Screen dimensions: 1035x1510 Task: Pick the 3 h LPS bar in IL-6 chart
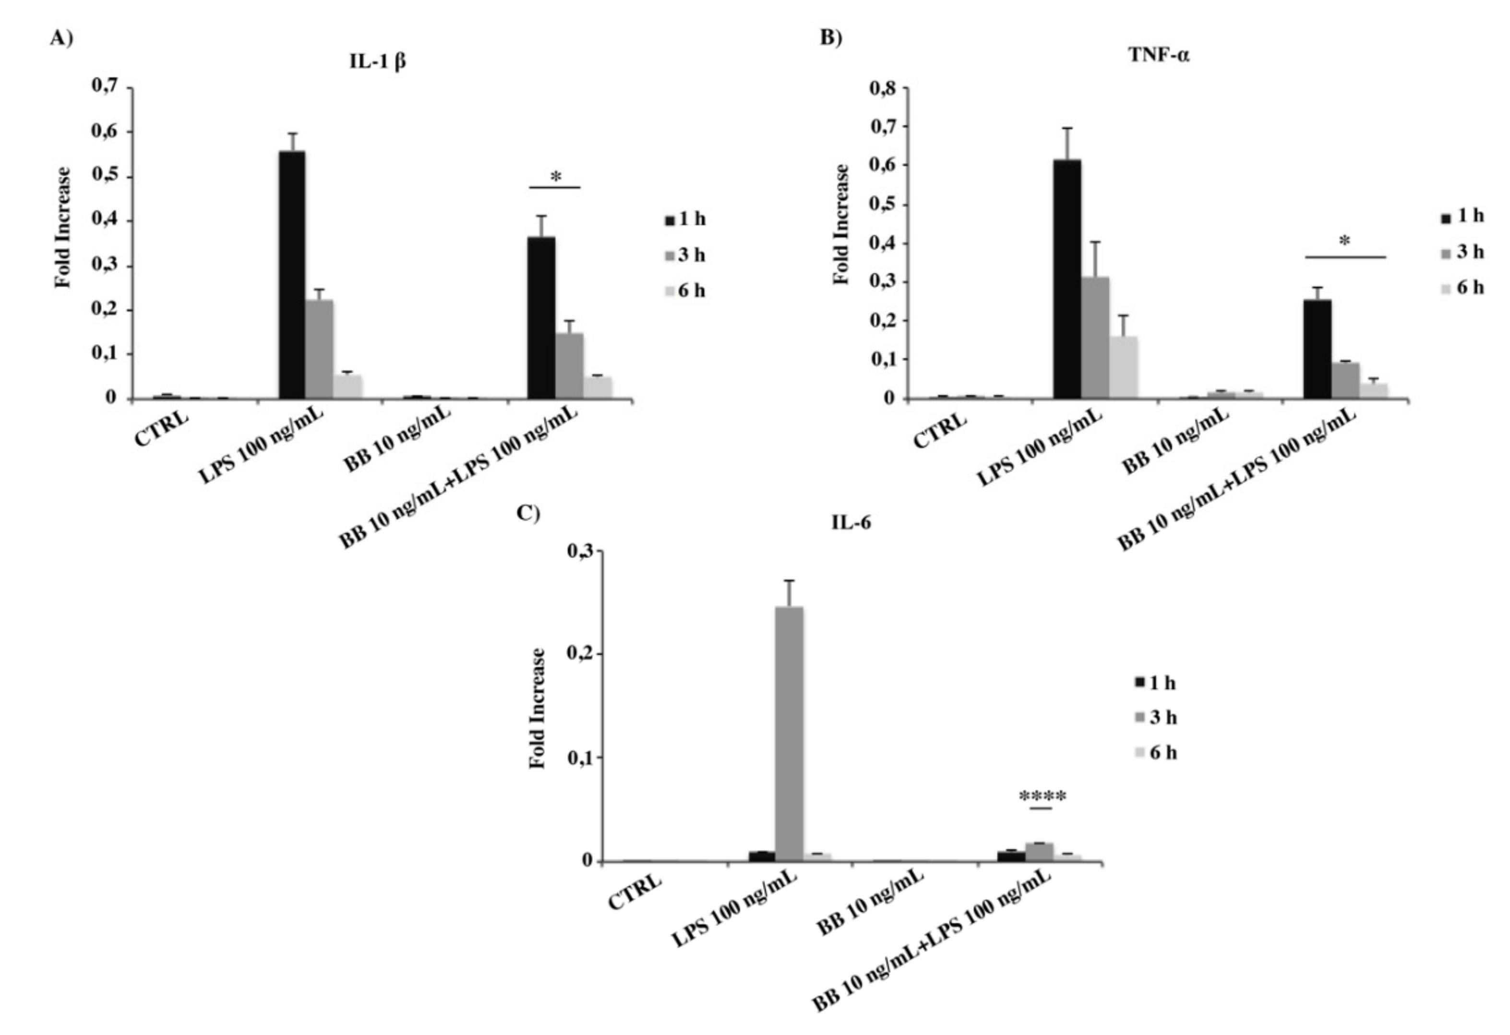coord(789,734)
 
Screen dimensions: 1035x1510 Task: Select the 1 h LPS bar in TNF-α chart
coord(1067,279)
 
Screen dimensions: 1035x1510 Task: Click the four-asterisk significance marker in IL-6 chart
coord(1042,796)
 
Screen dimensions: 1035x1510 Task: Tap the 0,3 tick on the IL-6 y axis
coord(582,552)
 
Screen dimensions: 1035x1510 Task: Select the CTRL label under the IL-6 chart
coord(635,892)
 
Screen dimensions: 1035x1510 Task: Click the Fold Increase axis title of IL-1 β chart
coord(62,228)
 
